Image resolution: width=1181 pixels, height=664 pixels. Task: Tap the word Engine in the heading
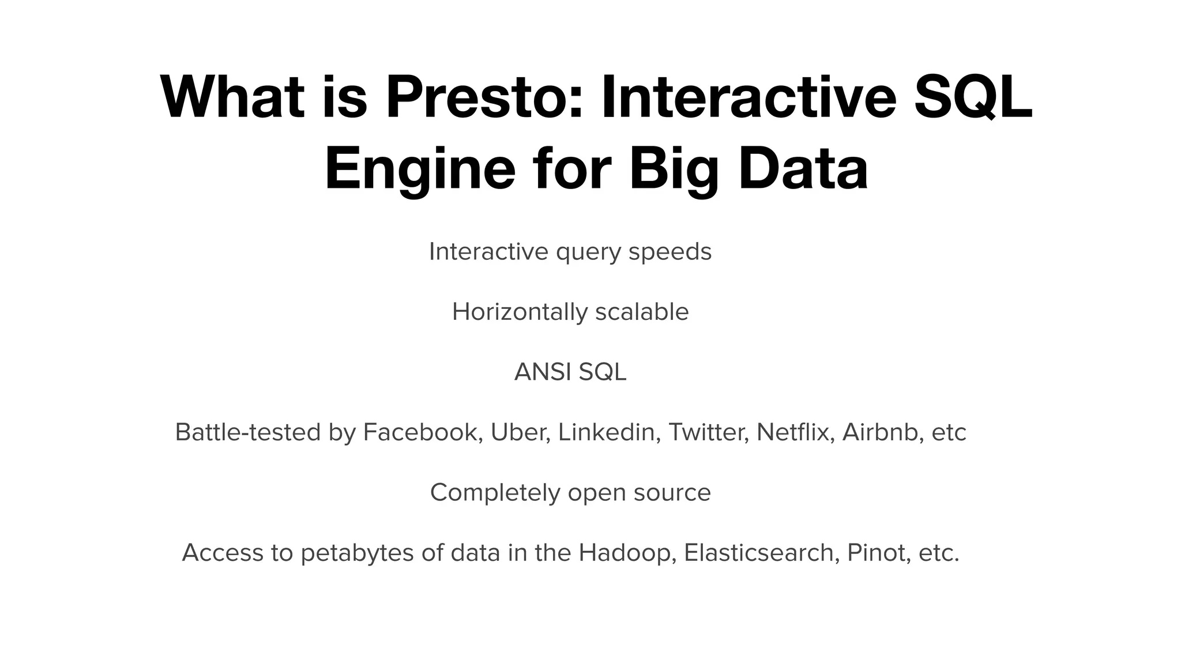[x=419, y=169]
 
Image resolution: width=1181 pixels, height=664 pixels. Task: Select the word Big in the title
[x=674, y=169]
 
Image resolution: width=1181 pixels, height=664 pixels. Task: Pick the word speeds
[x=670, y=252]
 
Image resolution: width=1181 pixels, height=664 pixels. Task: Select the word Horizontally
[x=520, y=312]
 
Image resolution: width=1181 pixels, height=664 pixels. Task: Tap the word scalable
[x=642, y=312]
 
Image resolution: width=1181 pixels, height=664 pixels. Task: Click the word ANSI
[x=542, y=372]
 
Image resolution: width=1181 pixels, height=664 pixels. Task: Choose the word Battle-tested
[x=247, y=432]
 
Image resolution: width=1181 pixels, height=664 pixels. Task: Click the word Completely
[x=495, y=493]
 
